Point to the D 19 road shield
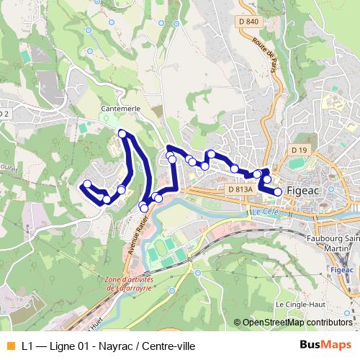pyautogui.click(x=300, y=149)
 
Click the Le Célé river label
pyautogui.click(x=264, y=212)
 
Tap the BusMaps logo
pyautogui.click(x=325, y=345)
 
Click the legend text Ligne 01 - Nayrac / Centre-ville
pyautogui.click(x=108, y=346)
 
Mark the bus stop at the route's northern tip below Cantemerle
pyautogui.click(x=122, y=133)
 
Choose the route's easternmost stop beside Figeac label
pyautogui.click(x=278, y=192)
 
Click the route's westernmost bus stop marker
pyautogui.click(x=86, y=184)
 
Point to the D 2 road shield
pyautogui.click(x=5, y=113)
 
